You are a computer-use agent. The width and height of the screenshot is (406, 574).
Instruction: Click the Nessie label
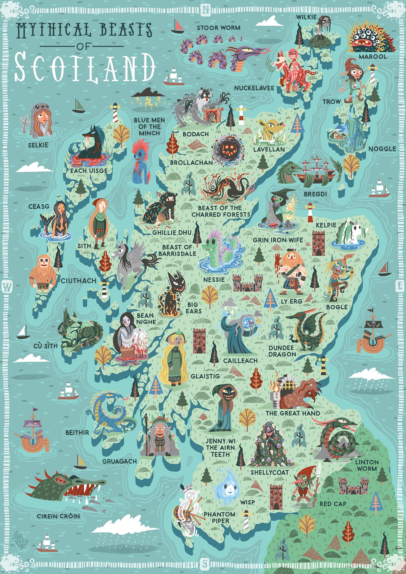click(214, 280)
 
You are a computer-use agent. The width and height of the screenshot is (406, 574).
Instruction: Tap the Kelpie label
click(326, 225)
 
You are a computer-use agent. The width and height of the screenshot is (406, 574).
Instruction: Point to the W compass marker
click(7, 287)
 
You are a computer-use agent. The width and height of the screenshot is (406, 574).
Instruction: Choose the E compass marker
click(399, 285)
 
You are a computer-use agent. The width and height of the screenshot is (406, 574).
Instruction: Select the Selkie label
click(38, 145)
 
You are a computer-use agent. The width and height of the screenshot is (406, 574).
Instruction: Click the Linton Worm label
click(367, 465)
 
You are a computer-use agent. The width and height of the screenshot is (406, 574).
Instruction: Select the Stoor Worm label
click(218, 28)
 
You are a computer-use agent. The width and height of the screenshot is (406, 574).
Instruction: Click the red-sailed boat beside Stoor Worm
click(177, 27)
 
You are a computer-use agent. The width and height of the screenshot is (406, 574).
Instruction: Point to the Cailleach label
click(240, 361)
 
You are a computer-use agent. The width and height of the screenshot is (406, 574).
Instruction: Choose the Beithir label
click(77, 432)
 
